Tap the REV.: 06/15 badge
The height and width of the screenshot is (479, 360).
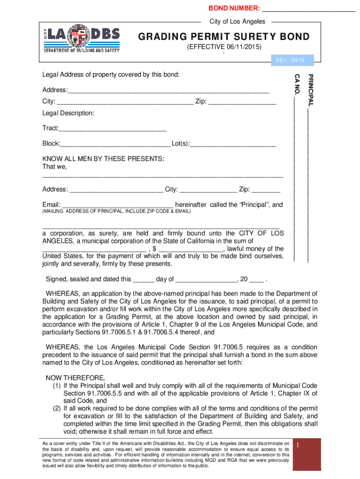(290, 60)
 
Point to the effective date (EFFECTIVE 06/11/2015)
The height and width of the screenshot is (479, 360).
(224, 48)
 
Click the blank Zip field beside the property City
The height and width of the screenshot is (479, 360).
(242, 102)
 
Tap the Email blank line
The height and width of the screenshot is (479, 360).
(117, 205)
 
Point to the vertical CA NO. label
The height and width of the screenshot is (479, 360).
(296, 84)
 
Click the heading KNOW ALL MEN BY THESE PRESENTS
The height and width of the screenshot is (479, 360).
(103, 159)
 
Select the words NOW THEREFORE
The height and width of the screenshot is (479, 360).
(75, 378)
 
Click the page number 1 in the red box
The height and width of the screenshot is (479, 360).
(303, 446)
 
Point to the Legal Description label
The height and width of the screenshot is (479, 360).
(68, 113)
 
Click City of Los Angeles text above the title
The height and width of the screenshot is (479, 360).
(237, 22)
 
